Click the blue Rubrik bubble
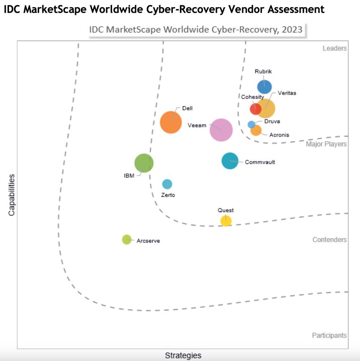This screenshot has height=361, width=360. point(264,87)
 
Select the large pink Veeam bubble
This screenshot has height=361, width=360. point(221,130)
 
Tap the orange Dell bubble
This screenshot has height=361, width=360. point(171,122)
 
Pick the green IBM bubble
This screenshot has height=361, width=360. point(144,163)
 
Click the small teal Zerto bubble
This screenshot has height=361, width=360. point(167,184)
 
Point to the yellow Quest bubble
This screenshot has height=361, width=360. point(226,221)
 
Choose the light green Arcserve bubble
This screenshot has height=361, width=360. point(126,239)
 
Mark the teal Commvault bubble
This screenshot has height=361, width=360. point(230,161)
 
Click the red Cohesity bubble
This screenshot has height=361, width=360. point(255,109)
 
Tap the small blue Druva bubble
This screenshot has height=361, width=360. point(252,125)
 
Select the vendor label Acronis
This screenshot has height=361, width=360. point(279,135)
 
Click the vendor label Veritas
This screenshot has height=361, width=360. point(287,93)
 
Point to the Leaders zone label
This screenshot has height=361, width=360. point(334,49)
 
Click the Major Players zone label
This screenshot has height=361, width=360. point(326,144)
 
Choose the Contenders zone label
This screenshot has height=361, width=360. point(329,240)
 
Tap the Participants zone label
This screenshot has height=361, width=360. point(329,335)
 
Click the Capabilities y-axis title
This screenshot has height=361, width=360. point(12,195)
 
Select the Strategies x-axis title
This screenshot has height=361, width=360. point(183,356)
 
